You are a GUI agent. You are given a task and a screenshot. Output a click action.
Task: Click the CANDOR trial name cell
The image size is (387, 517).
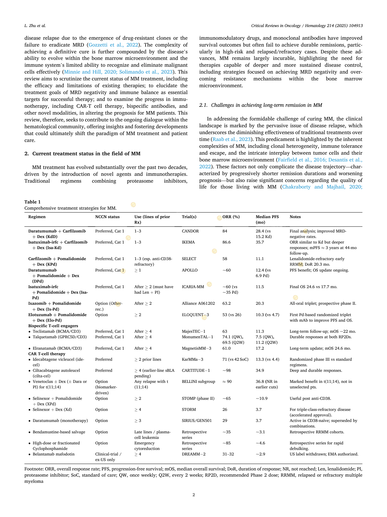pos(190,231)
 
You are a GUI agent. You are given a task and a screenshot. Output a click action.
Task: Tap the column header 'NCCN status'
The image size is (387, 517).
pos(107,217)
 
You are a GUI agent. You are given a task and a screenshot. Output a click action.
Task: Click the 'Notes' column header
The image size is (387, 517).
pos(295,217)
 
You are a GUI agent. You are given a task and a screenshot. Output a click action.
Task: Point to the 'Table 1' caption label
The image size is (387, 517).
pos(32,202)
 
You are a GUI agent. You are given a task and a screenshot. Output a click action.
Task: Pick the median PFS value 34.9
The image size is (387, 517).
pos(260,370)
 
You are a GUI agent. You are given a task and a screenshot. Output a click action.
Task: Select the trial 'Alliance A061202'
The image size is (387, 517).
pos(198,303)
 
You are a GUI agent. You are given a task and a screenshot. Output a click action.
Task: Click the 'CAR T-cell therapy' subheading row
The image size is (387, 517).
pos(47,354)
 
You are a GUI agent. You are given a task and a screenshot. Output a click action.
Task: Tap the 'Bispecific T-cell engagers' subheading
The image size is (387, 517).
pos(53,326)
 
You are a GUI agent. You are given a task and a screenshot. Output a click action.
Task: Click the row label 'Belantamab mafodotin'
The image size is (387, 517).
pos(53,454)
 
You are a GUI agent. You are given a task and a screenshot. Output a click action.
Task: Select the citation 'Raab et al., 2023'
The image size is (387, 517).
pos(231,139)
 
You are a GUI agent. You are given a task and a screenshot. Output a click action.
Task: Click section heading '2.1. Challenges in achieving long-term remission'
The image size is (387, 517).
pos(261,105)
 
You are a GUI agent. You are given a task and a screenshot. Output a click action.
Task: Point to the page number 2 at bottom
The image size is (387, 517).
pos(194,495)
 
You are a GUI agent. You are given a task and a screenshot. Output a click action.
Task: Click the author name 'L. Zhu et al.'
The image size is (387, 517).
pos(35,26)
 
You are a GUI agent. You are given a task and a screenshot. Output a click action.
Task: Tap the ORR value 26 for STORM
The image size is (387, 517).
pos(225,410)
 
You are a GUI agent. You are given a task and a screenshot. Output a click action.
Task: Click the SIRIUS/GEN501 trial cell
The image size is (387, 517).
pos(197,421)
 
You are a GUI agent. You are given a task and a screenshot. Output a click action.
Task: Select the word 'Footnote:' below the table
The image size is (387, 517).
pos(34,469)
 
